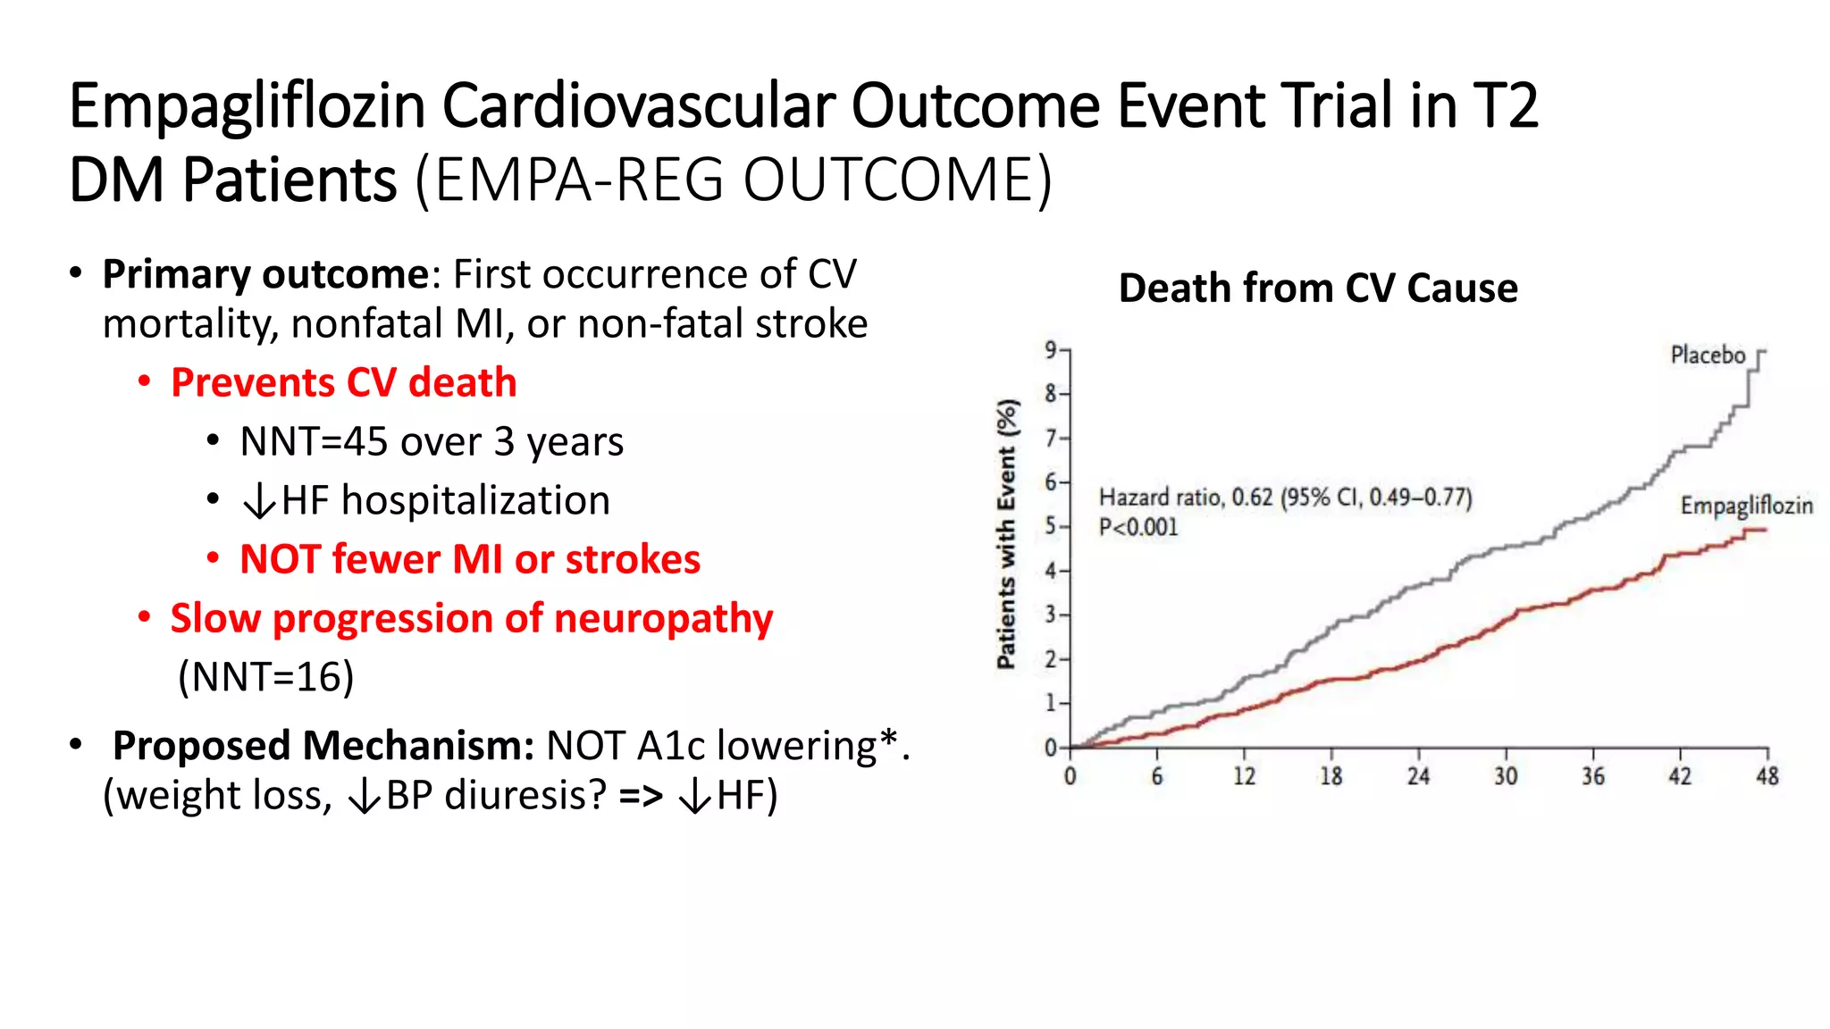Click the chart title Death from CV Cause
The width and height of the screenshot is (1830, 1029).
point(1317,289)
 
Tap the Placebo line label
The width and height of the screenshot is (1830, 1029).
point(1707,356)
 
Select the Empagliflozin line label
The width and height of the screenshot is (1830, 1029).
point(1746,506)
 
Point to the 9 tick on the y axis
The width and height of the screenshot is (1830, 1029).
point(1051,349)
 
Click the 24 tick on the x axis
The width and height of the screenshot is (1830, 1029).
point(1418,776)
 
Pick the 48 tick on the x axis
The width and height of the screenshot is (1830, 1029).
point(1767,776)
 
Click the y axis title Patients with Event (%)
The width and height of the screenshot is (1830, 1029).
point(1007,533)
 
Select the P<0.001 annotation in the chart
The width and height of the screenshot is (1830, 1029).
point(1138,528)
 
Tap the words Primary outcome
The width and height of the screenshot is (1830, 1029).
point(265,274)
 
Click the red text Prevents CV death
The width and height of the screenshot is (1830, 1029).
point(343,383)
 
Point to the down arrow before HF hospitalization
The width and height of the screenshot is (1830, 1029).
point(259,501)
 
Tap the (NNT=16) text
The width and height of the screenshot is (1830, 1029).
point(265,677)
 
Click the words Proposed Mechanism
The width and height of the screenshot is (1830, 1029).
point(323,746)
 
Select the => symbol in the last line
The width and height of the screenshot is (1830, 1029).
point(641,795)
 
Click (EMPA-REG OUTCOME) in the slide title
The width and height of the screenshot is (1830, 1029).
point(734,180)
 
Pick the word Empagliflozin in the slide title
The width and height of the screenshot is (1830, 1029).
point(247,105)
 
